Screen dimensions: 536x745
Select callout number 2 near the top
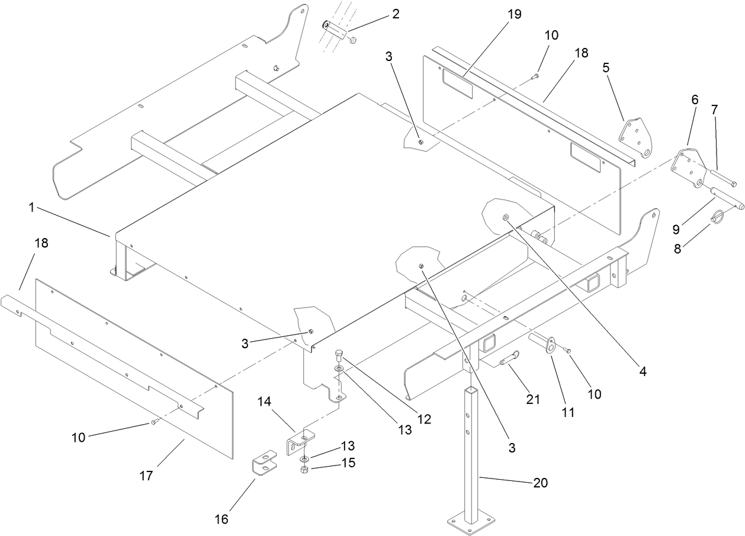[x=395, y=14]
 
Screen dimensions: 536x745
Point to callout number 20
[x=540, y=483]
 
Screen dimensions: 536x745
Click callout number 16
[x=221, y=519]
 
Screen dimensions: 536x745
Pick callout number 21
[x=533, y=400]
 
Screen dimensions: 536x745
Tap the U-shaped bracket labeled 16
[x=264, y=463]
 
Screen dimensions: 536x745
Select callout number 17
[x=146, y=474]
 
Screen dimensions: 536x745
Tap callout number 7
[x=714, y=110]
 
